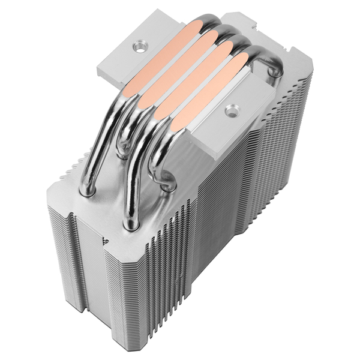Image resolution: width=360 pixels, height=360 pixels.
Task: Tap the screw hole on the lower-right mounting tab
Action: [x=232, y=110]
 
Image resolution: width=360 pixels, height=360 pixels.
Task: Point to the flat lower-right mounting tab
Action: [x=240, y=120]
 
